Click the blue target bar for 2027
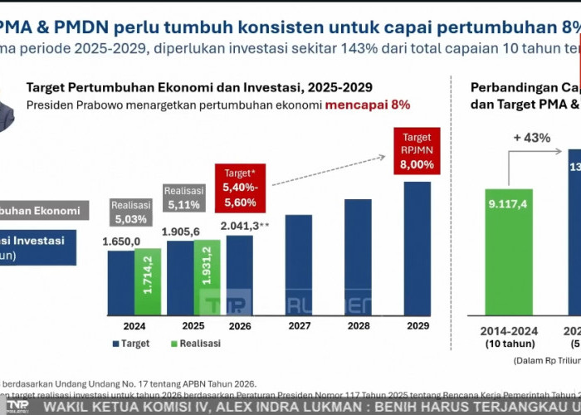pos(298,265)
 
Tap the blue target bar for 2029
pos(417,248)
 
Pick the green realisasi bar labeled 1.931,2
pos(206,278)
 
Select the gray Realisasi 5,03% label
pos(131,212)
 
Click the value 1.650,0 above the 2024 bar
pos(121,241)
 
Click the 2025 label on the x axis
pos(192,326)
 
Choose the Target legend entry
pos(133,343)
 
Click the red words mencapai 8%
pos(367,105)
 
